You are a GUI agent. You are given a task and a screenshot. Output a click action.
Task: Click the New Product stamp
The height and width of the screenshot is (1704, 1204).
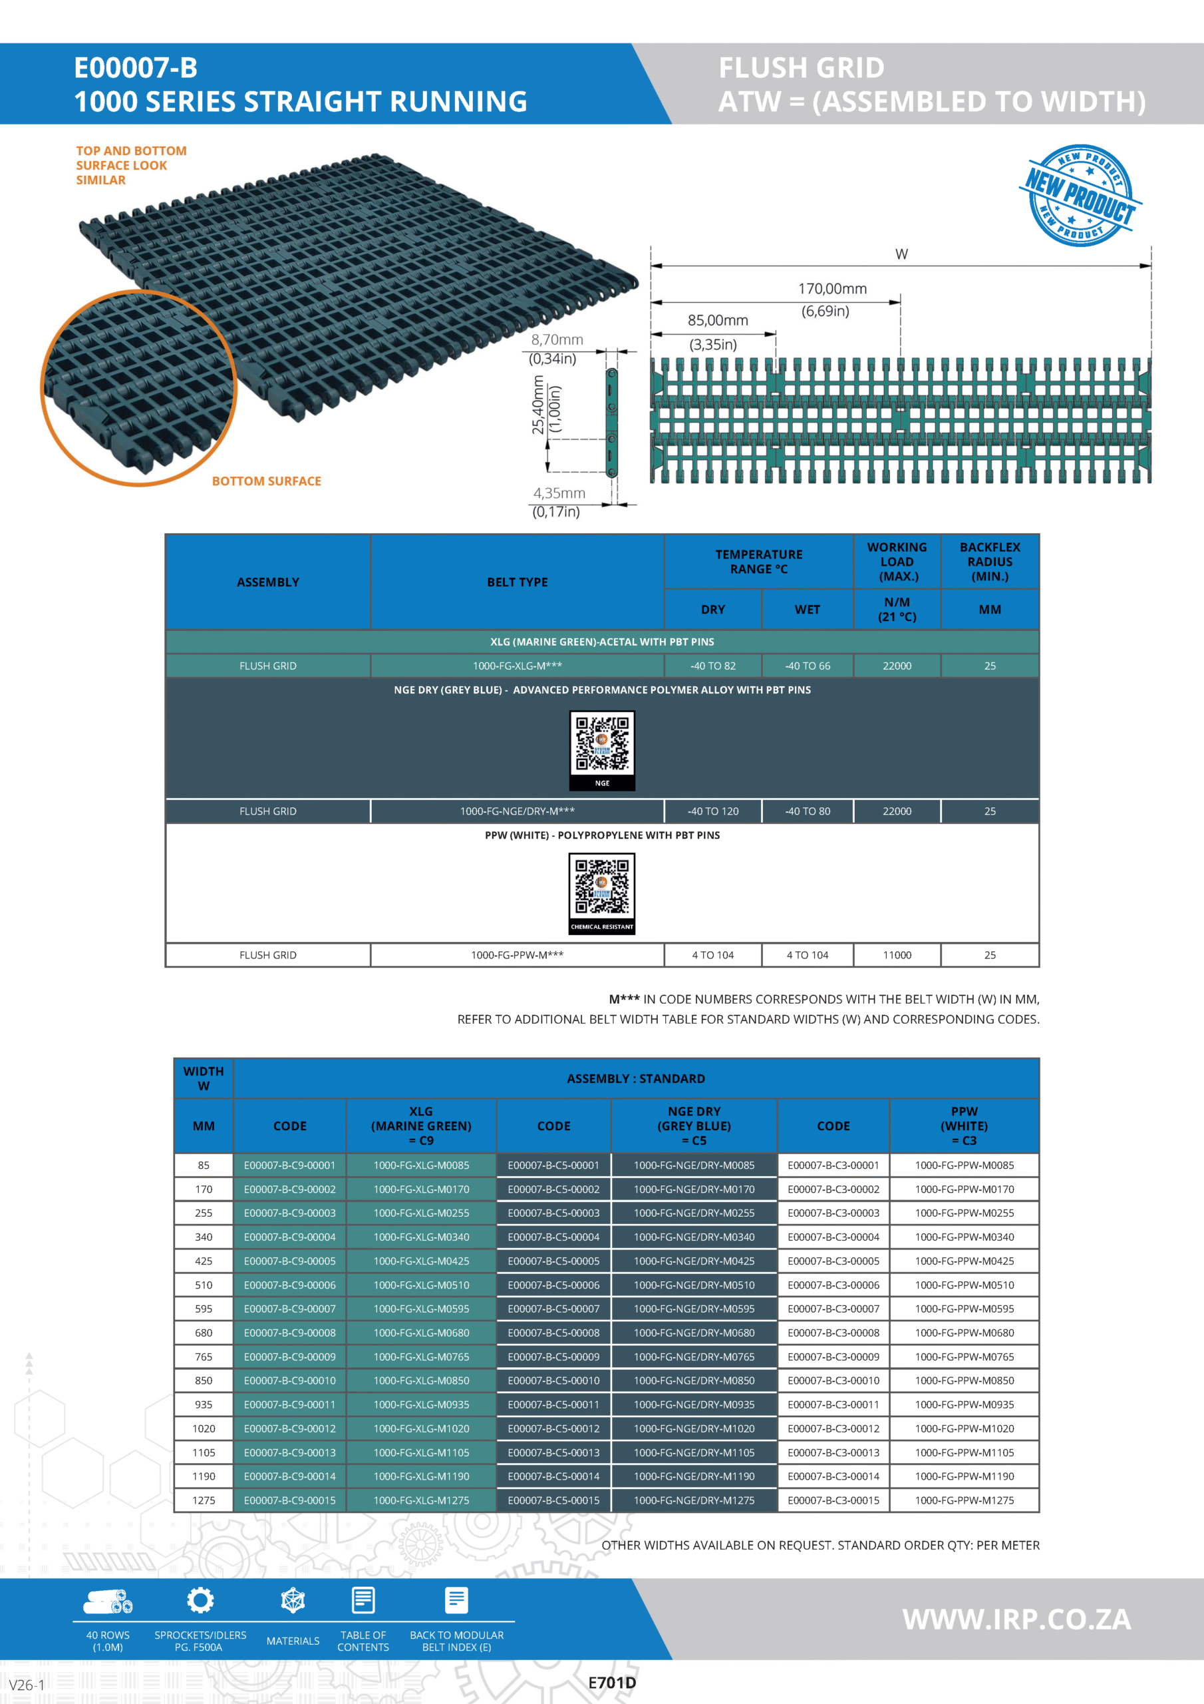[1080, 195]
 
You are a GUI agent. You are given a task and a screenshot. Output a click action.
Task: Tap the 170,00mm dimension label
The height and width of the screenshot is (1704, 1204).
[831, 289]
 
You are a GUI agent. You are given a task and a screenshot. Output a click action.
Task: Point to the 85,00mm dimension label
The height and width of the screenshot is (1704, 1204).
[717, 321]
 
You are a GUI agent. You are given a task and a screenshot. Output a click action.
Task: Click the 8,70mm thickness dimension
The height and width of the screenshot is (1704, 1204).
[556, 340]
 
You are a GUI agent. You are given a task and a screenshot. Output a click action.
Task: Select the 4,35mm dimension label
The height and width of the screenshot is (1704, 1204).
[559, 493]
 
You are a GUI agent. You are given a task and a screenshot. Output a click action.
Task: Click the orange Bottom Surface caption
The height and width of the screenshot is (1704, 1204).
[266, 481]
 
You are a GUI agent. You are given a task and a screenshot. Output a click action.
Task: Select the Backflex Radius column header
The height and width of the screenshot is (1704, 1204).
[989, 562]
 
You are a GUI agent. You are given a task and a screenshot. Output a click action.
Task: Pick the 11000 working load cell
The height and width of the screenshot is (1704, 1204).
[896, 955]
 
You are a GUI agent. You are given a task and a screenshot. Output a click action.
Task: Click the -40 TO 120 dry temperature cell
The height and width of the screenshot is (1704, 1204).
[712, 811]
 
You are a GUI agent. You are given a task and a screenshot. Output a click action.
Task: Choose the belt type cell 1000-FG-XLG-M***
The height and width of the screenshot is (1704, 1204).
[517, 666]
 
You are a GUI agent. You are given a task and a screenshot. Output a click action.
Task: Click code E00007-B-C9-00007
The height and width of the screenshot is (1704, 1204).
[289, 1309]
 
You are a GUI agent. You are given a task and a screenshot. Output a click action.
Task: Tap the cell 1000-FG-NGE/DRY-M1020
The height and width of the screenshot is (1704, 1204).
[694, 1428]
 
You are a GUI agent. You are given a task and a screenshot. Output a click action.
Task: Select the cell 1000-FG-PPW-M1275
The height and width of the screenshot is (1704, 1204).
[964, 1500]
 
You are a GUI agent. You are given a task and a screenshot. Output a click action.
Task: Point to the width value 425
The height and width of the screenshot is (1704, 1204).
[204, 1261]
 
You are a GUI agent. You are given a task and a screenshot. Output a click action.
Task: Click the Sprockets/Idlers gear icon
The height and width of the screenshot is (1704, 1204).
[200, 1600]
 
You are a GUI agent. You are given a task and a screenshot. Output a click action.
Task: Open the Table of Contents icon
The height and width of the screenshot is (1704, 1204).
[363, 1600]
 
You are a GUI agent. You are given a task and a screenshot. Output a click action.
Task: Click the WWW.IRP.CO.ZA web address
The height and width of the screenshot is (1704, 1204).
[1016, 1619]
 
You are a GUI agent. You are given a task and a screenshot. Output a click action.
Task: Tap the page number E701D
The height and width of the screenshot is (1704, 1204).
[611, 1683]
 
